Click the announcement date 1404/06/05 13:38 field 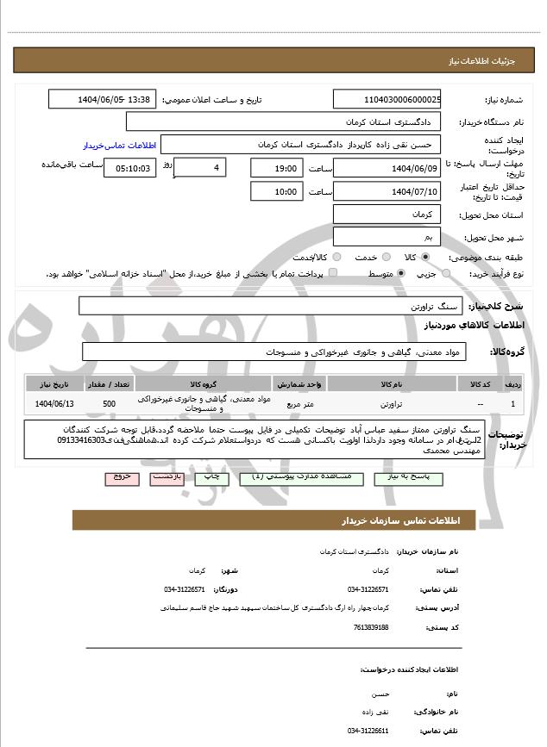[x=103, y=99]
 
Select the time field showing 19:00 [x=276, y=168]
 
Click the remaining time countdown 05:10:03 [x=129, y=168]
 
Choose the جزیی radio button [x=446, y=273]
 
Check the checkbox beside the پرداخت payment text [x=334, y=273]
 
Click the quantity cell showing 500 [x=109, y=403]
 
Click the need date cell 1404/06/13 [x=53, y=403]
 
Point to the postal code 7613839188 [x=371, y=627]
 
